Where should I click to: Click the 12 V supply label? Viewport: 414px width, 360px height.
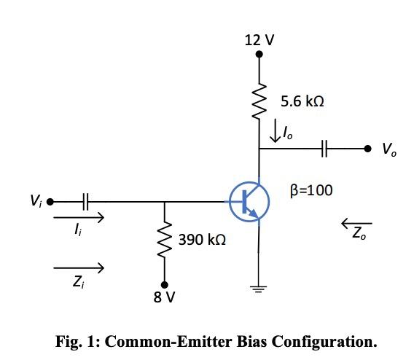(x=260, y=39)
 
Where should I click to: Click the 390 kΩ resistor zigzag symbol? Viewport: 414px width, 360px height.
(x=165, y=238)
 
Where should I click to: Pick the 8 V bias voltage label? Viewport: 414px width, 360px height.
(x=164, y=297)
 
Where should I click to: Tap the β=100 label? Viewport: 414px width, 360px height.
(x=311, y=191)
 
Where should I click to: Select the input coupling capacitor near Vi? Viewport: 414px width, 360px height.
(x=87, y=200)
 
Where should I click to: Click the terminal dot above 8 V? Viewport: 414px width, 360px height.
(x=164, y=284)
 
